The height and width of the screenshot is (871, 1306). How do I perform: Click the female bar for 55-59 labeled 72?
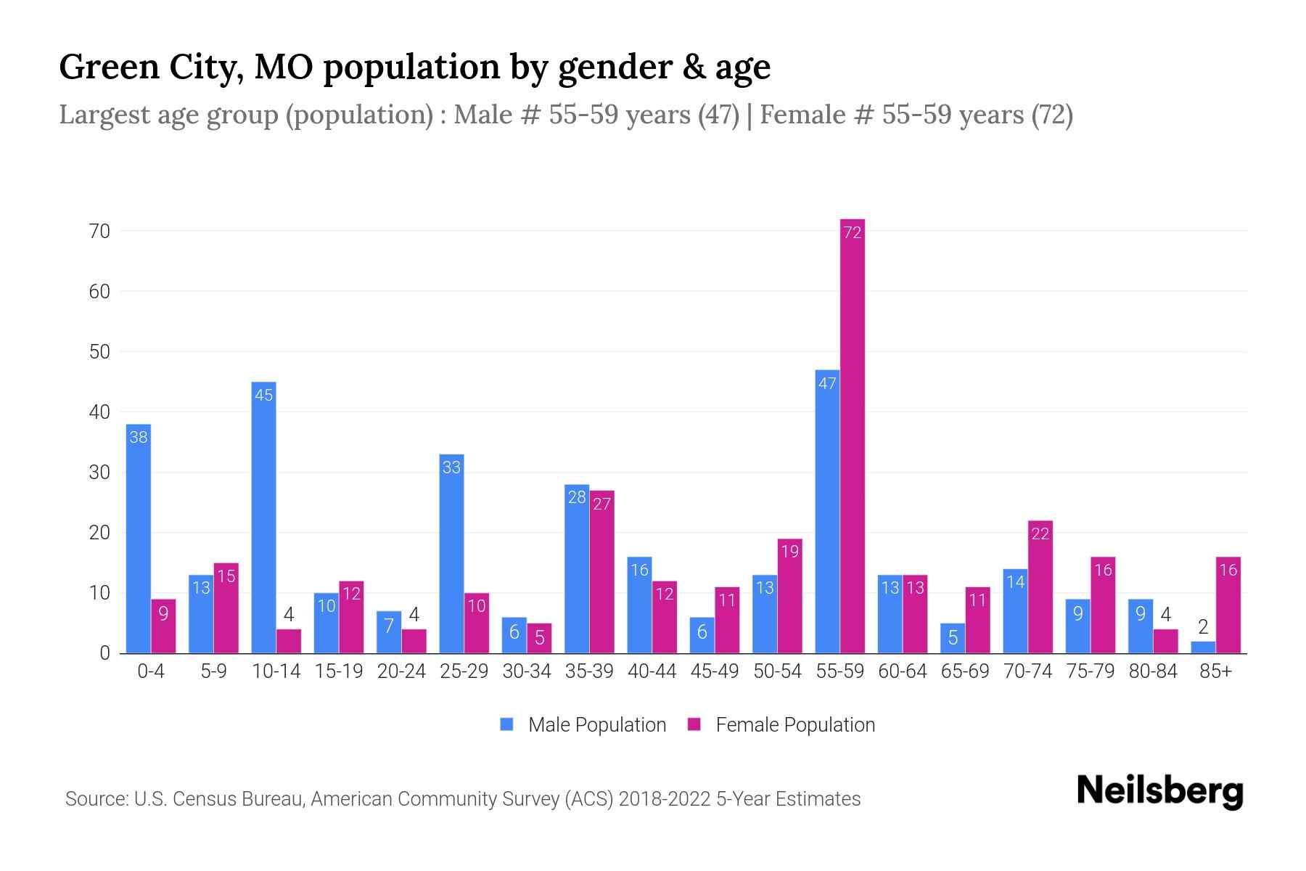852,435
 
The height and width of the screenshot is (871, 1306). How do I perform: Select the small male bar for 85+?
1202,647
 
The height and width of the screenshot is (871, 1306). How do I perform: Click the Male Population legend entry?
583,725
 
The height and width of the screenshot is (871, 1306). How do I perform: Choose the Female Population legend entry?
781,725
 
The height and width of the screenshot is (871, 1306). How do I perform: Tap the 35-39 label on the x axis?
589,671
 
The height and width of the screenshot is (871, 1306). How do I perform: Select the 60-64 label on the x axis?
902,671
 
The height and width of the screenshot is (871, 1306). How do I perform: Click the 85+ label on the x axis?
1215,671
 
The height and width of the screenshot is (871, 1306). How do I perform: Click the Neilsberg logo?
1159,791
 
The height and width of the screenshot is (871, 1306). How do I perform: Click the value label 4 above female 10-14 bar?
289,615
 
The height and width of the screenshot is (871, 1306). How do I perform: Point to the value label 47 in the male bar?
827,383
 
